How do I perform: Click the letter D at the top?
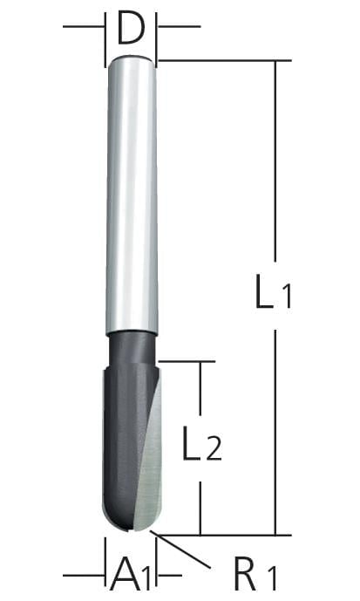pos(131,28)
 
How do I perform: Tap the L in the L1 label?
pos(264,291)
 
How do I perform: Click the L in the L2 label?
pos(192,443)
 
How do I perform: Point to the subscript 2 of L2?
pos(214,449)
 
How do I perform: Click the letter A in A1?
pos(125,574)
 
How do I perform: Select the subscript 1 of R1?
pos(271,579)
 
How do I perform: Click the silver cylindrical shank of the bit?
pos(132,195)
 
